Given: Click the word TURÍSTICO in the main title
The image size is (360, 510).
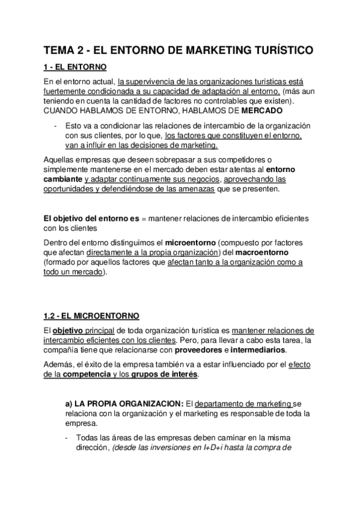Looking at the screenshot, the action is pyautogui.click(x=278, y=51).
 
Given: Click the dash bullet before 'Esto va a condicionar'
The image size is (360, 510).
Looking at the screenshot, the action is pyautogui.click(x=55, y=126).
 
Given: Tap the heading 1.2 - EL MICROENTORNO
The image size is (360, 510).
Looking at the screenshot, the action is pyautogui.click(x=91, y=315).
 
